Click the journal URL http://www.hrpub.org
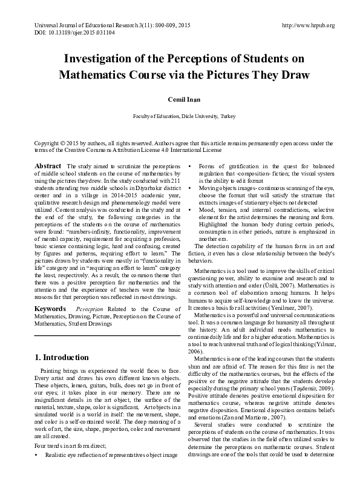[308, 25]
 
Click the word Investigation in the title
[105, 60]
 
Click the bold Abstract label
[48, 166]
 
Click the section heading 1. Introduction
[62, 357]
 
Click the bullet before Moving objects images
[192, 188]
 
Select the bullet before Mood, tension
[192, 209]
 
